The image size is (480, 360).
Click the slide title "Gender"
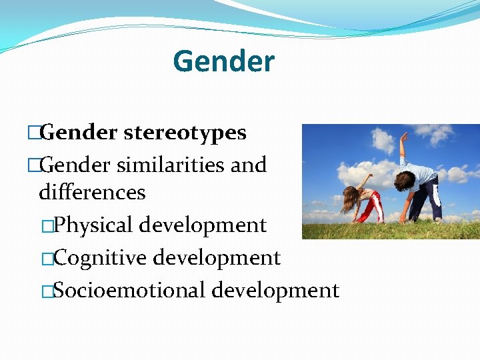pyautogui.click(x=223, y=62)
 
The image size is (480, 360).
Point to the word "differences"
pyautogui.click(x=92, y=192)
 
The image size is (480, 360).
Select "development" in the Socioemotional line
pyautogui.click(x=275, y=290)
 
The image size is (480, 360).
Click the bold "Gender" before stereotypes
pyautogui.click(x=78, y=133)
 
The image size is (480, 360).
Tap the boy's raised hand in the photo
pyautogui.click(x=403, y=136)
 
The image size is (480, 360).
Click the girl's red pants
pyautogui.click(x=370, y=207)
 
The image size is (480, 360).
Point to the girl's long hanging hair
pyautogui.click(x=347, y=200)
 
